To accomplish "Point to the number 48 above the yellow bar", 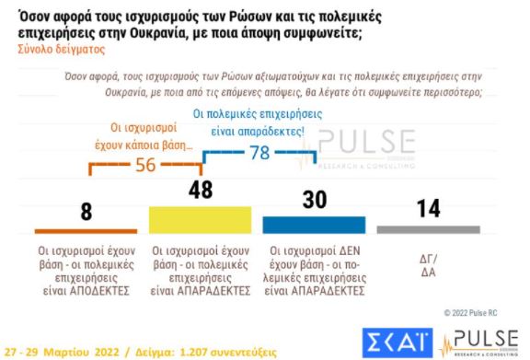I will [201, 189].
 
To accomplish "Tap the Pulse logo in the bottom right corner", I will [480, 339].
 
